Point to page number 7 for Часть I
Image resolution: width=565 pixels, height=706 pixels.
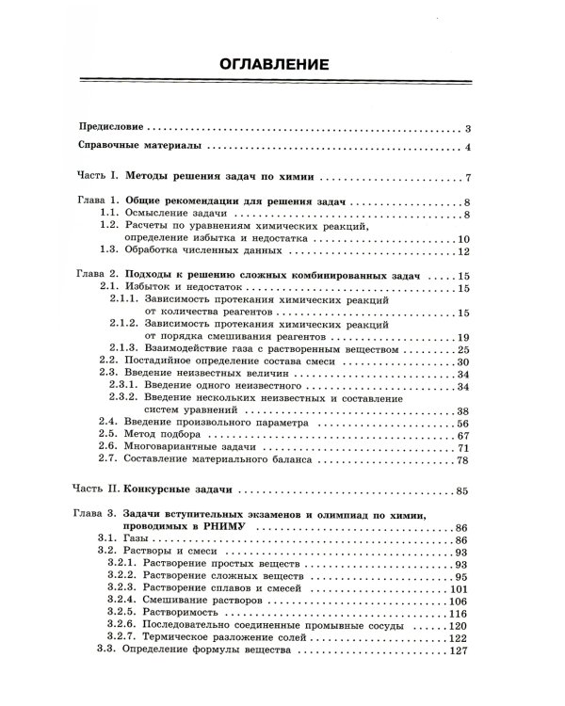click(468, 178)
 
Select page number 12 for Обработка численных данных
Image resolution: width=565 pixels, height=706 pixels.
click(463, 252)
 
